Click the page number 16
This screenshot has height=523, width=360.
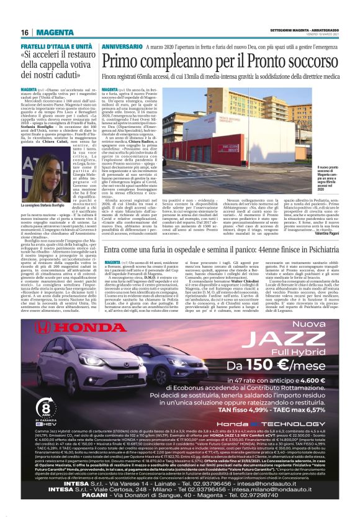tap(25, 32)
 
